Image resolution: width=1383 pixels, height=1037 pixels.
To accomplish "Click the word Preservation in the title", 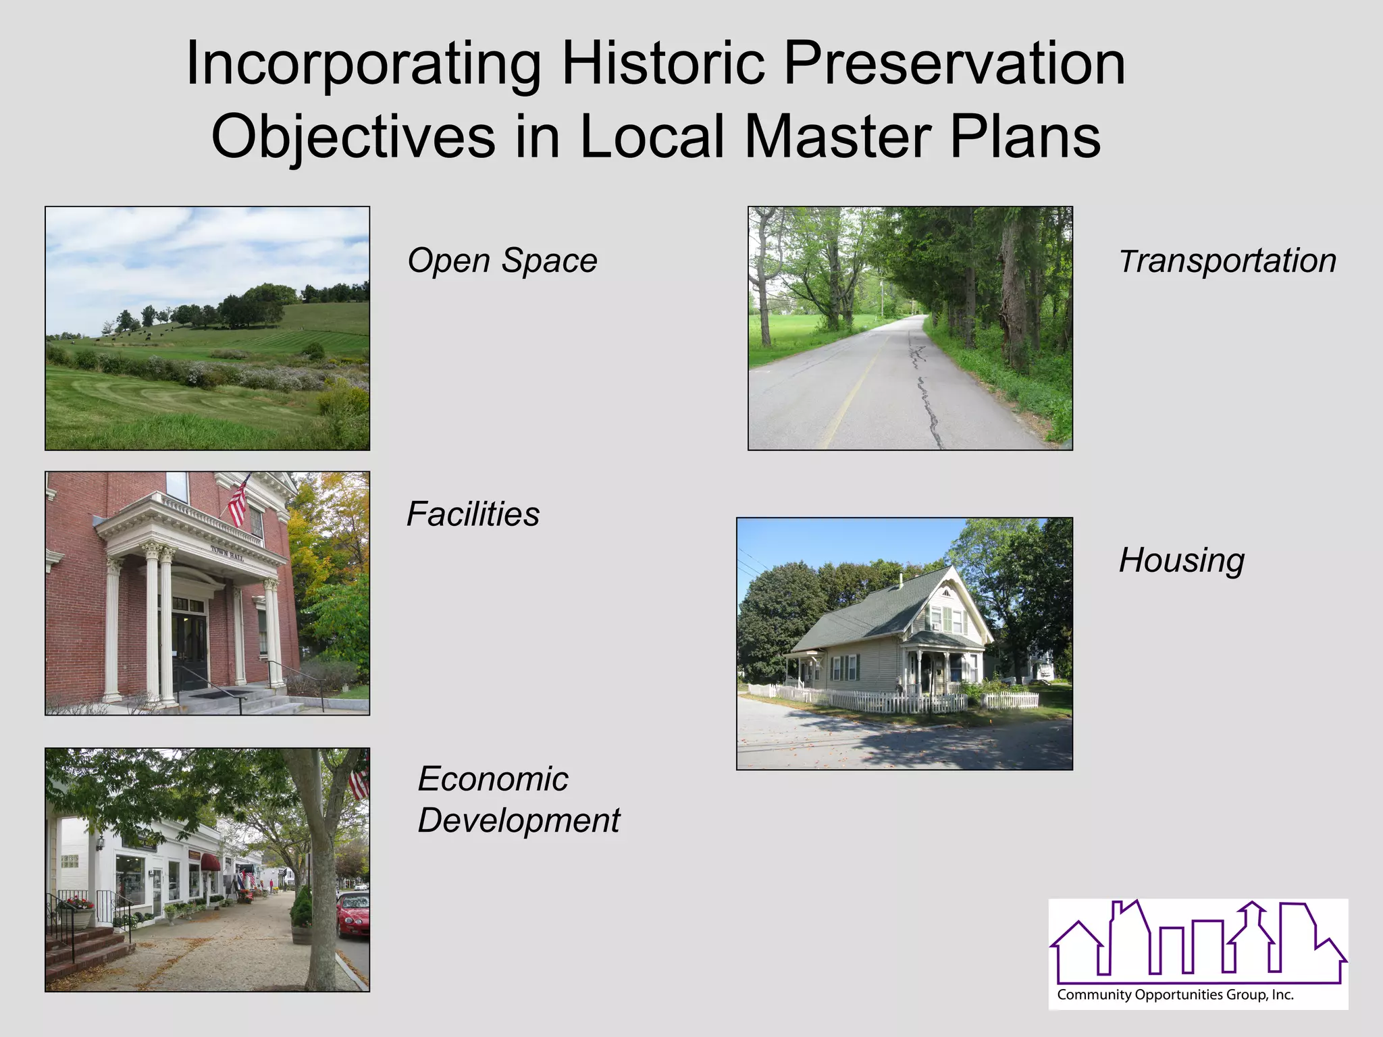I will [x=954, y=64].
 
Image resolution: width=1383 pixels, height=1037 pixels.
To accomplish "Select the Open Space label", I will [x=502, y=261].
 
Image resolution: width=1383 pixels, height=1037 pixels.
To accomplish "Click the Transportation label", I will [x=1228, y=261].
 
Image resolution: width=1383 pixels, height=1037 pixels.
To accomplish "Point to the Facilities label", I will [x=473, y=514].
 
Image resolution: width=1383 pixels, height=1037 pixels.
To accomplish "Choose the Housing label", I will [x=1182, y=560].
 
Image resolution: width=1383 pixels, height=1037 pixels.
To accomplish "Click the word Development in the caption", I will [x=519, y=821].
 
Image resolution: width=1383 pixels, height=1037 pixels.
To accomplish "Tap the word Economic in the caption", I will [x=493, y=779].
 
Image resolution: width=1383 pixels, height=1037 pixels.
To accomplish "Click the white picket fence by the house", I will [x=891, y=701].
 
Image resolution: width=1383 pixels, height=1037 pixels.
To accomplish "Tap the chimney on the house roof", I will [x=900, y=579].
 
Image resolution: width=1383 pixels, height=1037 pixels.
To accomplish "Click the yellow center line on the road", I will [x=851, y=392].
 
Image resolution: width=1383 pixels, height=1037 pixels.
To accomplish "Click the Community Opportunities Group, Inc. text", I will [x=1175, y=994].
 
